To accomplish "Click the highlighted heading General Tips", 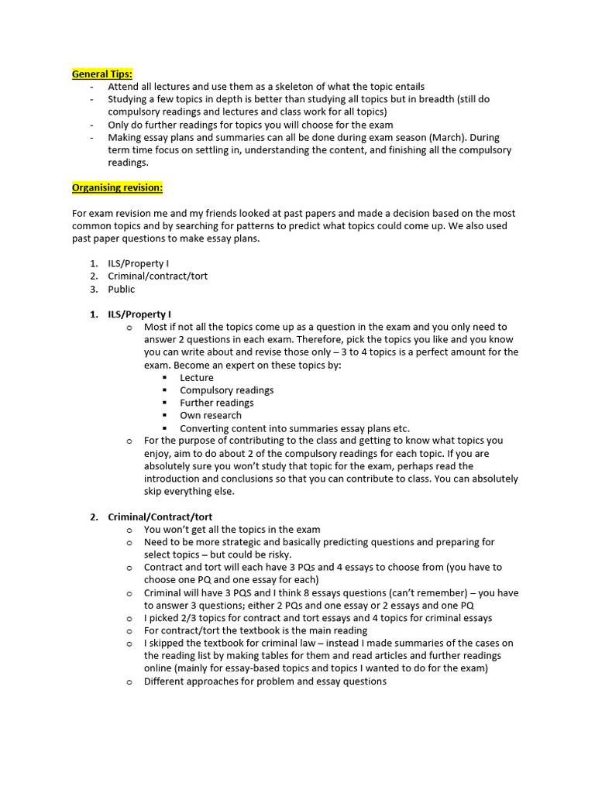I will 102,74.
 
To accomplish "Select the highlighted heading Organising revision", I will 117,188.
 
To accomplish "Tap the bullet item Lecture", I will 197,378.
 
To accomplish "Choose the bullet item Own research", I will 211,416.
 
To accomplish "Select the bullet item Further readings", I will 217,403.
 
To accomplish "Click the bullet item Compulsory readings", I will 227,390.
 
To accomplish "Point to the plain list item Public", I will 122,290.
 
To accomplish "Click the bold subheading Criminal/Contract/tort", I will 160,517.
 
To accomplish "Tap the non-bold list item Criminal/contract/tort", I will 158,276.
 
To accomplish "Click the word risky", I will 277,555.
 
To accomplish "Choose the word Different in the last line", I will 167,681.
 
